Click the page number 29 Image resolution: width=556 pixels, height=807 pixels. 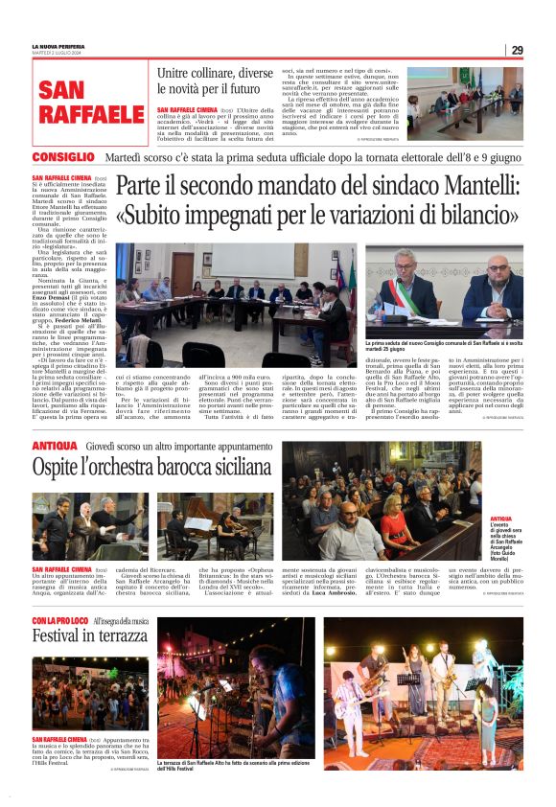(x=517, y=50)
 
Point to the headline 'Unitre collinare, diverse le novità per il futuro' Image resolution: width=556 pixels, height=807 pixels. (x=215, y=81)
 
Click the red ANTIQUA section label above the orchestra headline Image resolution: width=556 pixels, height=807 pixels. (x=54, y=447)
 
